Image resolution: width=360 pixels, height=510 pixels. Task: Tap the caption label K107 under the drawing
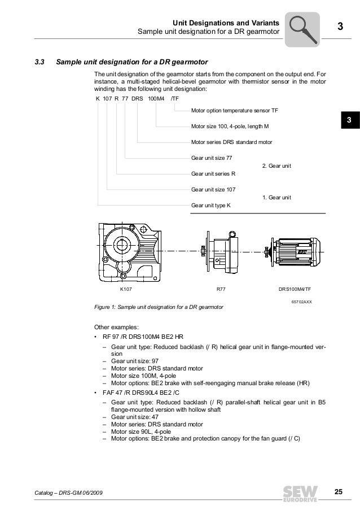pyautogui.click(x=128, y=289)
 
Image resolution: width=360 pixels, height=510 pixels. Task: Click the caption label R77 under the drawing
pyautogui.click(x=222, y=289)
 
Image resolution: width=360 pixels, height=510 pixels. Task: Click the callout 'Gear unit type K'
pyautogui.click(x=211, y=206)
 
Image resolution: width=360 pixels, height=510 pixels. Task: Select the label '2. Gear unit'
pyautogui.click(x=276, y=165)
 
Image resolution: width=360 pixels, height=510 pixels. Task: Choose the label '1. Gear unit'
pyautogui.click(x=276, y=197)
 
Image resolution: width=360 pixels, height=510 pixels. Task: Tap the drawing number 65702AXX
pyautogui.click(x=302, y=302)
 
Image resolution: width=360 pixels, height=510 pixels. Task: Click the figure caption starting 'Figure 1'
pyautogui.click(x=158, y=308)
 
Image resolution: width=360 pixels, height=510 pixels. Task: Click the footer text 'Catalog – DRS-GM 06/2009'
pyautogui.click(x=68, y=495)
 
